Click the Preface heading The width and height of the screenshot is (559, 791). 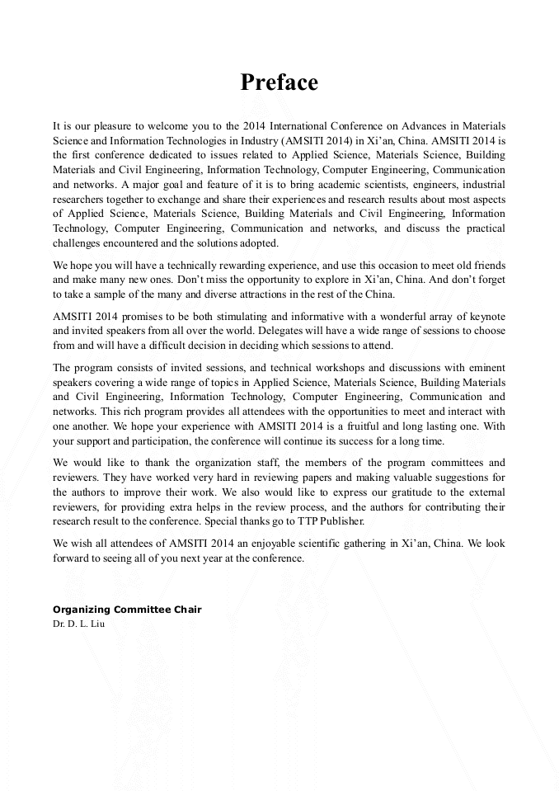pyautogui.click(x=279, y=82)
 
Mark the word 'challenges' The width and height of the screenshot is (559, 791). pyautogui.click(x=79, y=242)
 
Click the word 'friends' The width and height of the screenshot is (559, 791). pyautogui.click(x=486, y=266)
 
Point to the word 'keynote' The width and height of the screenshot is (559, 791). pyautogui.click(x=486, y=318)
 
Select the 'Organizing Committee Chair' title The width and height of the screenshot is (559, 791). pyautogui.click(x=127, y=610)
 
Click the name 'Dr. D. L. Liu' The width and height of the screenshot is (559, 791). pyautogui.click(x=78, y=624)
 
